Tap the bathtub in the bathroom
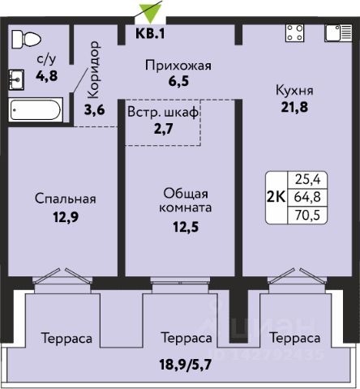[x=36, y=110]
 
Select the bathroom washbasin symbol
[x=16, y=79]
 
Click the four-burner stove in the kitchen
[x=294, y=33]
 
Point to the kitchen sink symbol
[x=338, y=33]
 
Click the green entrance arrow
[x=150, y=14]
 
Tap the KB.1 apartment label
[x=150, y=34]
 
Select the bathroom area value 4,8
[x=46, y=76]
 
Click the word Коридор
[x=94, y=70]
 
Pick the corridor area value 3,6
[x=94, y=110]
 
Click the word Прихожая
[x=178, y=66]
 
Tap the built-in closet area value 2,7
[x=163, y=129]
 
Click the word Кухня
[x=294, y=91]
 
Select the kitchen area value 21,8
[x=294, y=107]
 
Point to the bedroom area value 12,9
[x=66, y=216]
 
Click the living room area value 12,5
[x=186, y=227]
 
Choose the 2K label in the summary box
[x=276, y=197]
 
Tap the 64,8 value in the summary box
[x=307, y=197]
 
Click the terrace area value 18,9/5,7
[x=185, y=365]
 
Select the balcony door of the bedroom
[x=62, y=276]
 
